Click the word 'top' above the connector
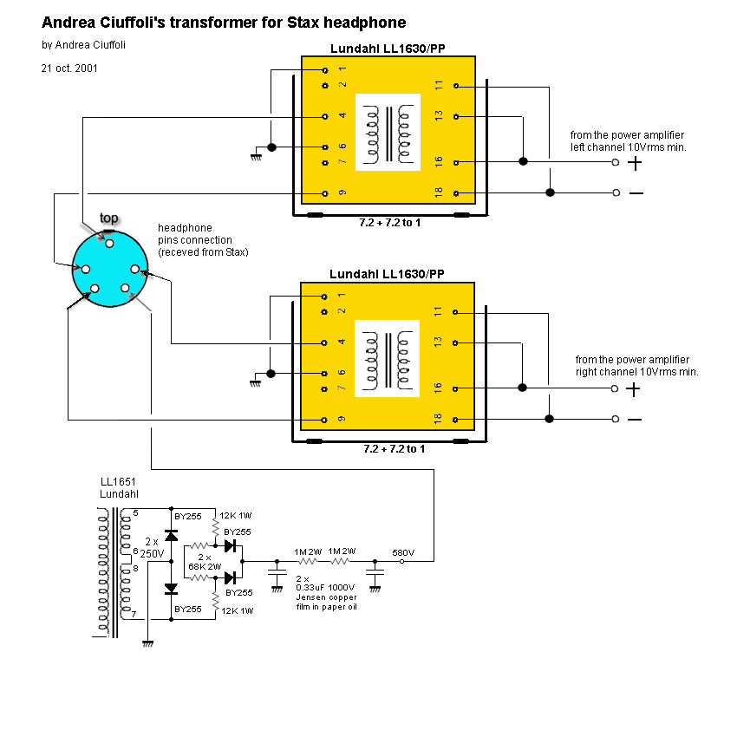coord(108,218)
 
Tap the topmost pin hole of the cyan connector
coord(108,244)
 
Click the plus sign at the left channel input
coord(636,162)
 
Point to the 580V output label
coord(403,552)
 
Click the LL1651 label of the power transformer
coord(114,482)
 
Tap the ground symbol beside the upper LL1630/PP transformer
coord(256,157)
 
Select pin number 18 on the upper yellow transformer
coord(439,192)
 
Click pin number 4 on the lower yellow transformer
coord(341,342)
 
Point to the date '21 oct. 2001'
coord(70,67)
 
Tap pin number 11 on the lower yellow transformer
coord(439,311)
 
